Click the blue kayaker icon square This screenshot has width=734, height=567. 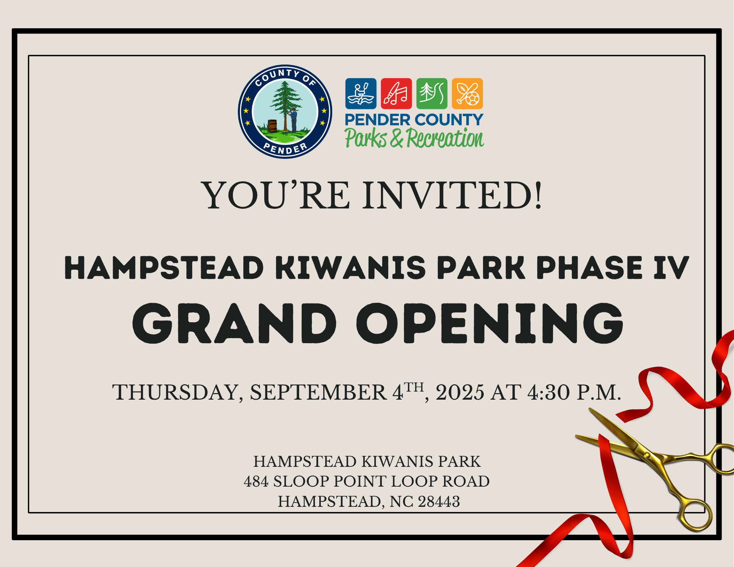pos(361,94)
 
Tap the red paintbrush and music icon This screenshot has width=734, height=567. pos(396,94)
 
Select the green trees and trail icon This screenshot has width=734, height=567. pos(432,94)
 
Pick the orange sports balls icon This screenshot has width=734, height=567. pos(468,94)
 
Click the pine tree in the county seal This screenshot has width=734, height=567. pos(286,105)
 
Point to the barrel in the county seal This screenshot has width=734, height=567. pos(272,126)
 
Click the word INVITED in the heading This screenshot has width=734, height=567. pos(453,195)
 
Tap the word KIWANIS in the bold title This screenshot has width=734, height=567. pos(350,268)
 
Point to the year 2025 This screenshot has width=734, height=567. pos(460,392)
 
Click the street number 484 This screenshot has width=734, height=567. pos(256,481)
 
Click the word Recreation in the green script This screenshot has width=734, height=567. pos(445,138)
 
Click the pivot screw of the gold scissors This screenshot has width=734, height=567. pos(647,455)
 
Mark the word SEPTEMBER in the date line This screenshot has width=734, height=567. pos(318,392)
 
